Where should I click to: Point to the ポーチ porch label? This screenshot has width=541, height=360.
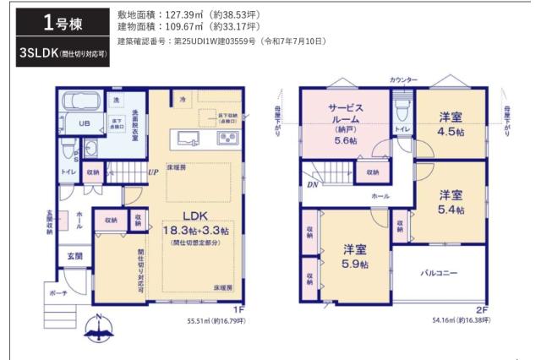tap(59, 293)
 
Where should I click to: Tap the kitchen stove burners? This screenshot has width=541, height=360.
tap(227, 138)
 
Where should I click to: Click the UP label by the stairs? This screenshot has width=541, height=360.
tap(153, 172)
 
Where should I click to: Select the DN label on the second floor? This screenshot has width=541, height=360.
tap(312, 184)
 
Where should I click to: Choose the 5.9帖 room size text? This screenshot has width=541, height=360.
tap(355, 264)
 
